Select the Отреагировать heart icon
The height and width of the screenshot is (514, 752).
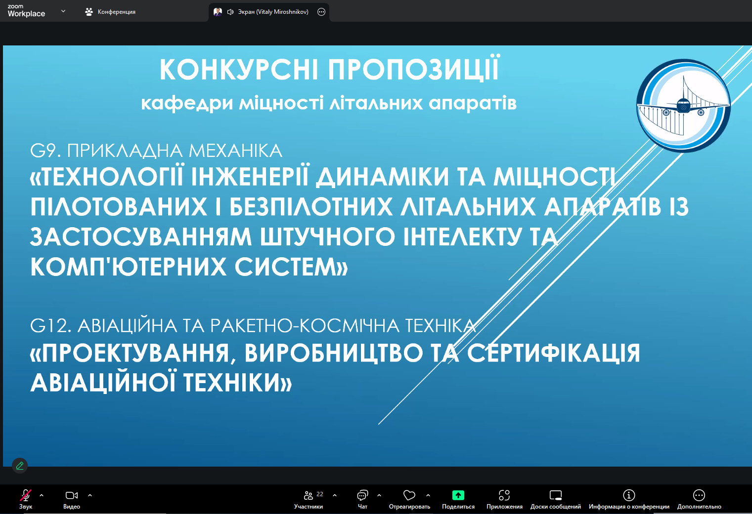point(409,495)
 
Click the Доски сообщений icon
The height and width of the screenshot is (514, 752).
point(556,495)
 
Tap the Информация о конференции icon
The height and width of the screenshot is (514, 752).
point(629,495)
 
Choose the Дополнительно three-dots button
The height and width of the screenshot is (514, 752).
point(699,495)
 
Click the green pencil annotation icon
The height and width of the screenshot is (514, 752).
point(20,466)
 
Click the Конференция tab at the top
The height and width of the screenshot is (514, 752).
point(110,12)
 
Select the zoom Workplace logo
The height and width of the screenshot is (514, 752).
point(26,11)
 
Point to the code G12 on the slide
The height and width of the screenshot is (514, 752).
point(50,325)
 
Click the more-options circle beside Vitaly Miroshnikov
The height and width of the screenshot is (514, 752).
point(321,12)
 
